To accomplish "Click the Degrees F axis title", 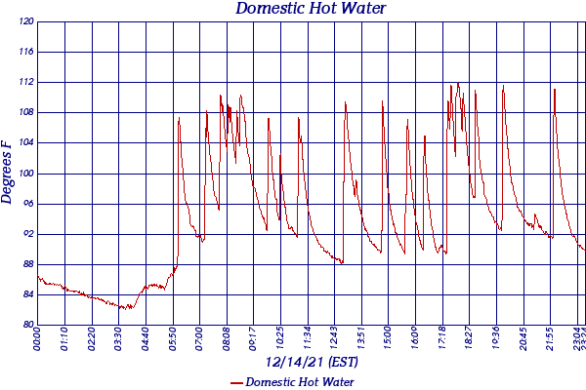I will coord(8,172).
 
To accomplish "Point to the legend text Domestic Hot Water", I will coord(300,382).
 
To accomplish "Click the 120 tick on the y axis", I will coord(25,21).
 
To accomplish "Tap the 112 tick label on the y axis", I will coord(25,82).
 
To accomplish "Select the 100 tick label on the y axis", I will coord(25,174).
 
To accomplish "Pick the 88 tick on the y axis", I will coord(27,264).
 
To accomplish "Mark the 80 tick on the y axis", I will coord(27,325).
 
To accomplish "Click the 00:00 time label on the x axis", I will coord(38,340).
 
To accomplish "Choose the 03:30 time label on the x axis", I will coord(119,340).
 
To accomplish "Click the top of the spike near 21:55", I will coord(555,90).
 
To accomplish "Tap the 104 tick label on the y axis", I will coord(25,143).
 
